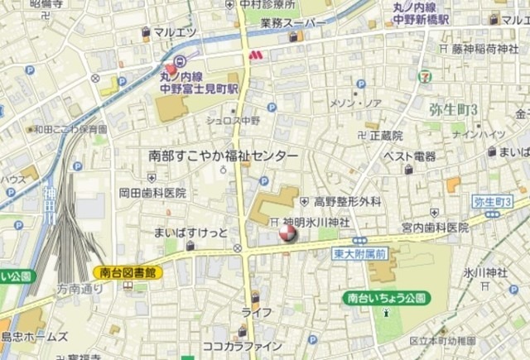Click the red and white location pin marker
[x=287, y=234]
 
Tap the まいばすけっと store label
[x=190, y=232]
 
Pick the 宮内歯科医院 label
[x=436, y=226]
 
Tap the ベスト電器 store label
[x=410, y=156]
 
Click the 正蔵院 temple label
[x=386, y=135]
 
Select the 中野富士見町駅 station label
[x=199, y=86]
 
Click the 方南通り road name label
[x=80, y=289]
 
